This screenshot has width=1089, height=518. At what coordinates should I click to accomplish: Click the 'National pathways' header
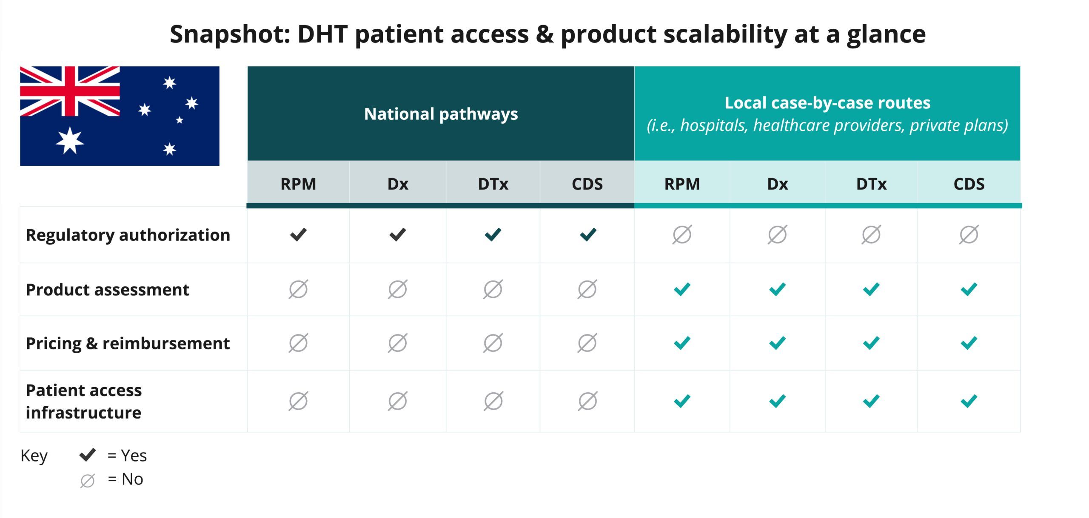tap(441, 114)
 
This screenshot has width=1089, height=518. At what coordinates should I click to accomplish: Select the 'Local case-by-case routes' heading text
tap(827, 103)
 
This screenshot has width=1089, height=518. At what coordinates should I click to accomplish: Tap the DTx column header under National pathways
tap(493, 184)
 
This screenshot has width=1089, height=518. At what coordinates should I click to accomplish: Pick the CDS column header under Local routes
tap(969, 184)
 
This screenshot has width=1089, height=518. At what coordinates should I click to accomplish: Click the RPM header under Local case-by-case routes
tap(682, 184)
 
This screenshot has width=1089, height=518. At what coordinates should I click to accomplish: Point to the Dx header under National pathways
tap(398, 184)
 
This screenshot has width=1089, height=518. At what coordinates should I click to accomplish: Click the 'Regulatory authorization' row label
tap(128, 235)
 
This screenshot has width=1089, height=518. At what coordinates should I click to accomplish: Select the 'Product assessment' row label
tap(108, 289)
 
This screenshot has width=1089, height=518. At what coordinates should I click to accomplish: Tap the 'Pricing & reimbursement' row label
tap(128, 343)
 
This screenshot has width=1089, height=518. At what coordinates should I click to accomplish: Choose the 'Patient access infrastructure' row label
tap(84, 401)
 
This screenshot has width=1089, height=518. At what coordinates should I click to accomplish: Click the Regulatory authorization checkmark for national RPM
tap(298, 235)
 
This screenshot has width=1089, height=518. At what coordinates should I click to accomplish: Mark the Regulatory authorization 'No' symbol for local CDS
tap(969, 235)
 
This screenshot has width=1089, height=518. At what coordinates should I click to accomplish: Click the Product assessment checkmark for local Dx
tap(777, 289)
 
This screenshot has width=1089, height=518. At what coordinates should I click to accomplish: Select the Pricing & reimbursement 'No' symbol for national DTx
tap(493, 343)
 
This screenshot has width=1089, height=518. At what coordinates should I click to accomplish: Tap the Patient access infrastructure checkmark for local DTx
tap(871, 401)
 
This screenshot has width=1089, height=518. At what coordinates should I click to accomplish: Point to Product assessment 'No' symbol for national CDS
tap(587, 289)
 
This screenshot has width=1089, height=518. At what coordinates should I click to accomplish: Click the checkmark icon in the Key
tap(88, 455)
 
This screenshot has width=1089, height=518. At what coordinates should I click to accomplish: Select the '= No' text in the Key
tap(125, 479)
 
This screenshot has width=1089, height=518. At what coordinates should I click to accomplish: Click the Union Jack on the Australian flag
tap(70, 91)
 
